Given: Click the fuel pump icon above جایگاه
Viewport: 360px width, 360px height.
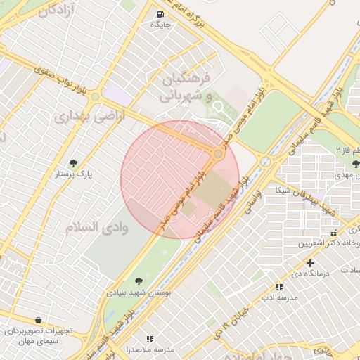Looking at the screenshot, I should (x=161, y=14).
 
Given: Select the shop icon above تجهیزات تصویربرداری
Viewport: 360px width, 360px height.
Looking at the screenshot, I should (x=37, y=320).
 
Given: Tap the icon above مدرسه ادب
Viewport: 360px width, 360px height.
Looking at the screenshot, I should (x=280, y=287).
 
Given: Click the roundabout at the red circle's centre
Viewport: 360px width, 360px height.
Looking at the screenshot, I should (x=219, y=153).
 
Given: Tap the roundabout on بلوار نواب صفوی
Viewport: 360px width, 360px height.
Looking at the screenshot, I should (x=94, y=94).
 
